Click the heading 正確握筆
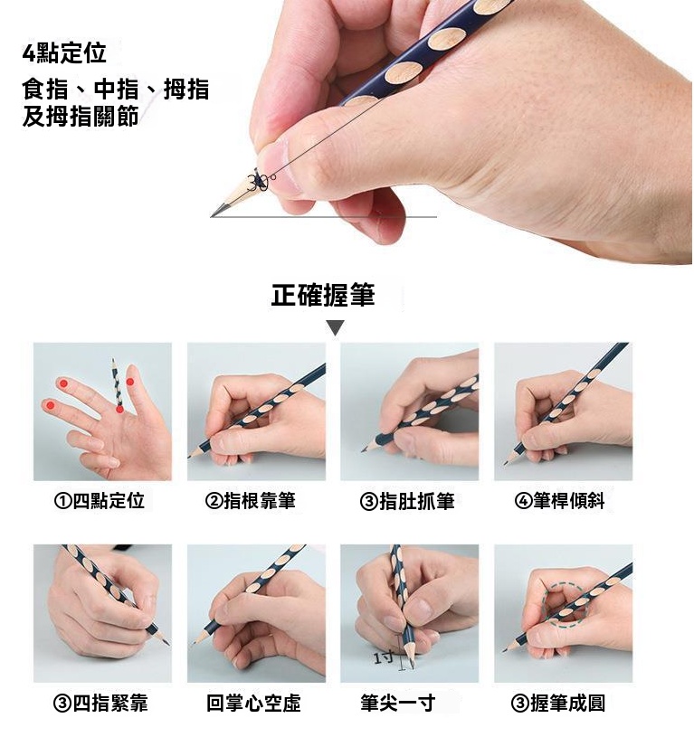[x=322, y=295]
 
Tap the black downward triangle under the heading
[x=336, y=327]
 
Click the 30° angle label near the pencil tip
[x=261, y=182]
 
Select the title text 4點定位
[x=64, y=52]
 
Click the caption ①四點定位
[x=100, y=501]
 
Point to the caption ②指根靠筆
[x=250, y=501]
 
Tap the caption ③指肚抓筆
[x=407, y=501]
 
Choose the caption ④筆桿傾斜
[x=559, y=501]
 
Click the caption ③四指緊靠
[x=100, y=704]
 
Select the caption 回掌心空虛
[x=253, y=704]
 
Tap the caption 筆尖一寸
[x=398, y=704]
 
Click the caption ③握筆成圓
[x=558, y=704]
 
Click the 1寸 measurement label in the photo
[x=384, y=657]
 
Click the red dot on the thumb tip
[x=130, y=382]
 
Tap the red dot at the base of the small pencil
[x=120, y=410]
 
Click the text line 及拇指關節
[x=81, y=116]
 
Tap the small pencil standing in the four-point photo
[x=117, y=383]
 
